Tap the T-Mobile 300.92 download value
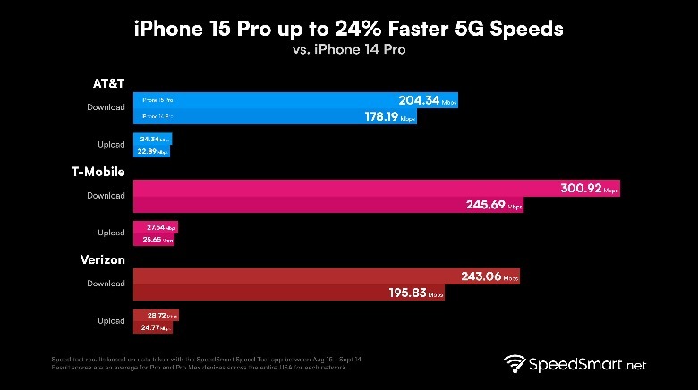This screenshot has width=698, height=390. [x=580, y=189]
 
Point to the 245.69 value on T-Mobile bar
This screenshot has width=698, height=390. [x=486, y=205]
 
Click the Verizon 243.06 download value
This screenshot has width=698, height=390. [x=483, y=277]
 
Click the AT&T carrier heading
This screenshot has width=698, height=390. [x=108, y=83]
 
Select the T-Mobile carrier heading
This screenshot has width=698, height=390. [x=98, y=172]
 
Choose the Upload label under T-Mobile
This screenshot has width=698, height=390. [x=111, y=233]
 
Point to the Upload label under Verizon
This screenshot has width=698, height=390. [x=111, y=320]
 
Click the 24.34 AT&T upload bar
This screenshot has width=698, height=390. [x=151, y=139]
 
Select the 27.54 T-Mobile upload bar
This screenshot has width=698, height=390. [x=155, y=227]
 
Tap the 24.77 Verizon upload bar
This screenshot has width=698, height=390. [x=151, y=329]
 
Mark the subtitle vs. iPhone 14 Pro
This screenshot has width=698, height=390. [x=348, y=51]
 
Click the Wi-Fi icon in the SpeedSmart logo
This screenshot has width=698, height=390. [x=515, y=365]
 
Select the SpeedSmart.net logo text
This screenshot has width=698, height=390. [x=587, y=365]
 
